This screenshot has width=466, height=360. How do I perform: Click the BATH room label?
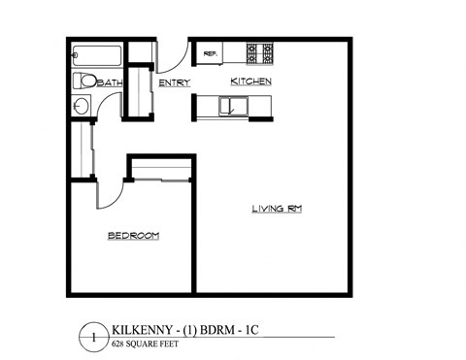click(111, 83)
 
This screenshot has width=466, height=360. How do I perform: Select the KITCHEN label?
click(250, 82)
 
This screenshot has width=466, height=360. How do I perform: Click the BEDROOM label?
click(132, 236)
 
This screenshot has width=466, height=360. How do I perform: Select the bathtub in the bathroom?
click(97, 55)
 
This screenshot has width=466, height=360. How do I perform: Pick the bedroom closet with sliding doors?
click(161, 172)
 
